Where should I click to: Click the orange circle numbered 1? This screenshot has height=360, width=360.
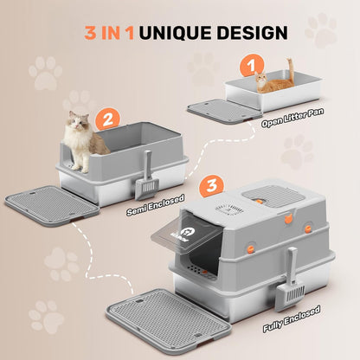point(251,64)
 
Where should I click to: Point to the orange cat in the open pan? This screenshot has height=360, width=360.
point(276,81)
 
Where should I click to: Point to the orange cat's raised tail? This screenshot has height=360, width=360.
point(292,66)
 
